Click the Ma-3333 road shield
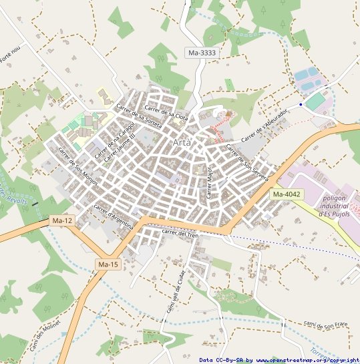pyautogui.click(x=202, y=52)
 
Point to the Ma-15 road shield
pyautogui.click(x=108, y=265)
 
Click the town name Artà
pyautogui.click(x=182, y=143)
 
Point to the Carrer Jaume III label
pyautogui.click(x=120, y=145)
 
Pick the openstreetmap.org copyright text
pyautogui.click(x=279, y=360)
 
